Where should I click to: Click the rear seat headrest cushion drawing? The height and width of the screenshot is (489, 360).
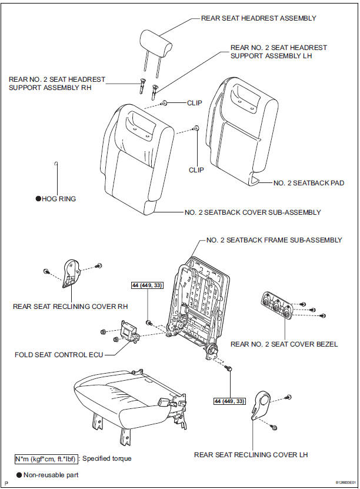(155, 41)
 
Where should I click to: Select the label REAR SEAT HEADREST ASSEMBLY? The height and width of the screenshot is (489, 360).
(258, 18)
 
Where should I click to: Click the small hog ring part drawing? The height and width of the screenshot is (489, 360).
(55, 163)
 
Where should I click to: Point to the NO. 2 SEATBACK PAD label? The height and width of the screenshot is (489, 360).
(309, 183)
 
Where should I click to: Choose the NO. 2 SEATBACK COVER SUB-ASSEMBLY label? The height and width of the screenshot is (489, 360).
(252, 212)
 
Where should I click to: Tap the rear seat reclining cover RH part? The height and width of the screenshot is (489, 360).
(71, 272)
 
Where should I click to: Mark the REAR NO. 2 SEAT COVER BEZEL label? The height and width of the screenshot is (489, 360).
(284, 344)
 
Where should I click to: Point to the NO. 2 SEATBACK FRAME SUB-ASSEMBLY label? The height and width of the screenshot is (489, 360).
(274, 240)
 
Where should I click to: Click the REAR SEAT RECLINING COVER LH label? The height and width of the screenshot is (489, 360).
(251, 455)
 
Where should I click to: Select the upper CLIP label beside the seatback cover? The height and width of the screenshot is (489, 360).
(194, 102)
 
